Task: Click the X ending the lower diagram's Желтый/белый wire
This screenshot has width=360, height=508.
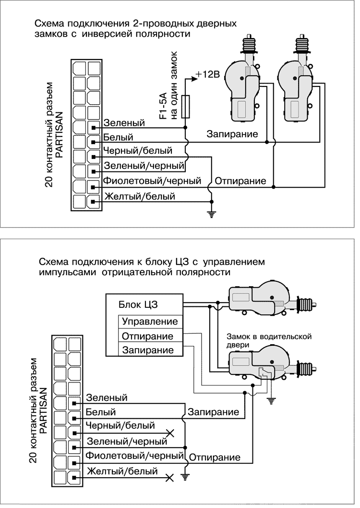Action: point(168,478)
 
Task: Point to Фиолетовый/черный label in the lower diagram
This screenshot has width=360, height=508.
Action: point(135,455)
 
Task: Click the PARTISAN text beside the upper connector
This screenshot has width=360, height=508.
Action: point(58,139)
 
